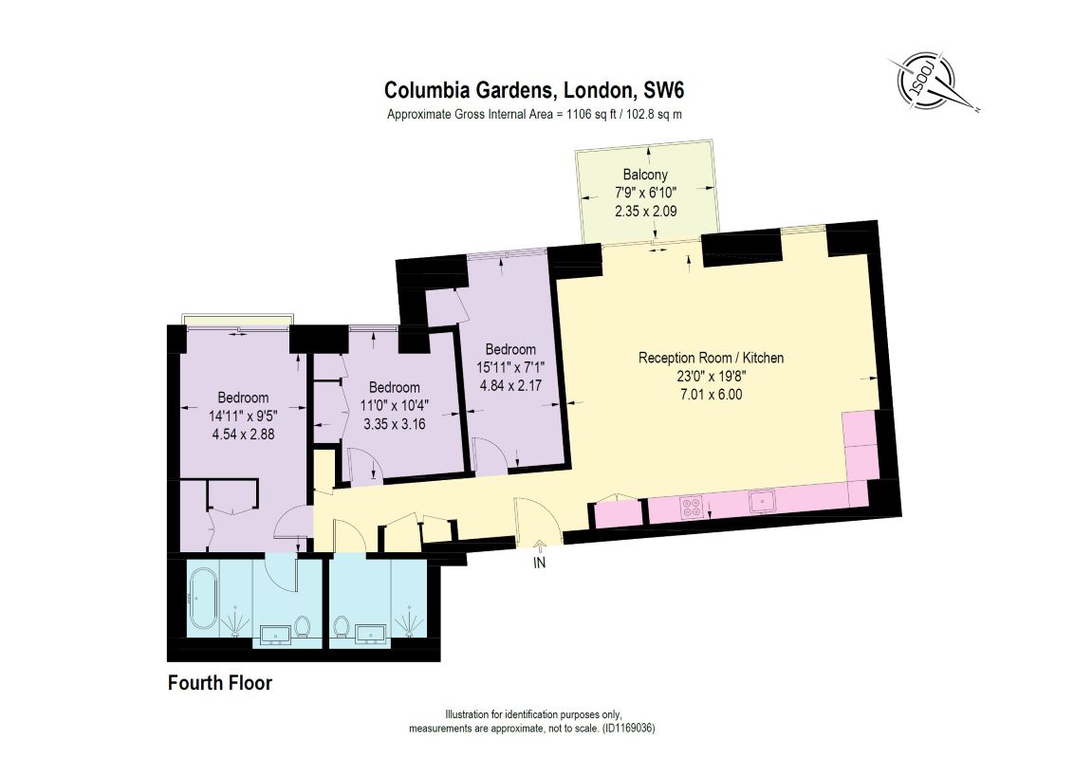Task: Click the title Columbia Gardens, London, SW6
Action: pyautogui.click(x=534, y=90)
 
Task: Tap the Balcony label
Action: pyautogui.click(x=645, y=175)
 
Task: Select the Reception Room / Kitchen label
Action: pyautogui.click(x=711, y=358)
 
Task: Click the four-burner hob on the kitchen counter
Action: pyautogui.click(x=692, y=507)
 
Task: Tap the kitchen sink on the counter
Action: pyautogui.click(x=762, y=502)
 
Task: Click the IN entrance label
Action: pyautogui.click(x=540, y=563)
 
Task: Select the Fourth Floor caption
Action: pyautogui.click(x=220, y=683)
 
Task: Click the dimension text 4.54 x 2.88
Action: pyautogui.click(x=243, y=434)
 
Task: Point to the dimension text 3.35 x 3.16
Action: pyautogui.click(x=395, y=424)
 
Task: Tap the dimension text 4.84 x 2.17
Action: pyautogui.click(x=511, y=385)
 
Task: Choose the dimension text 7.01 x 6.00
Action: pyautogui.click(x=711, y=394)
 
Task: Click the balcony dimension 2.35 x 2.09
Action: pyautogui.click(x=646, y=211)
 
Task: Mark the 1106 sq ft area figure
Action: pyautogui.click(x=592, y=115)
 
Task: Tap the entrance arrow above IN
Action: pyautogui.click(x=539, y=546)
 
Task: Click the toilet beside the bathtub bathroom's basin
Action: pyautogui.click(x=302, y=626)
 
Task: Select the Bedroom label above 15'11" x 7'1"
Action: pyautogui.click(x=511, y=349)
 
